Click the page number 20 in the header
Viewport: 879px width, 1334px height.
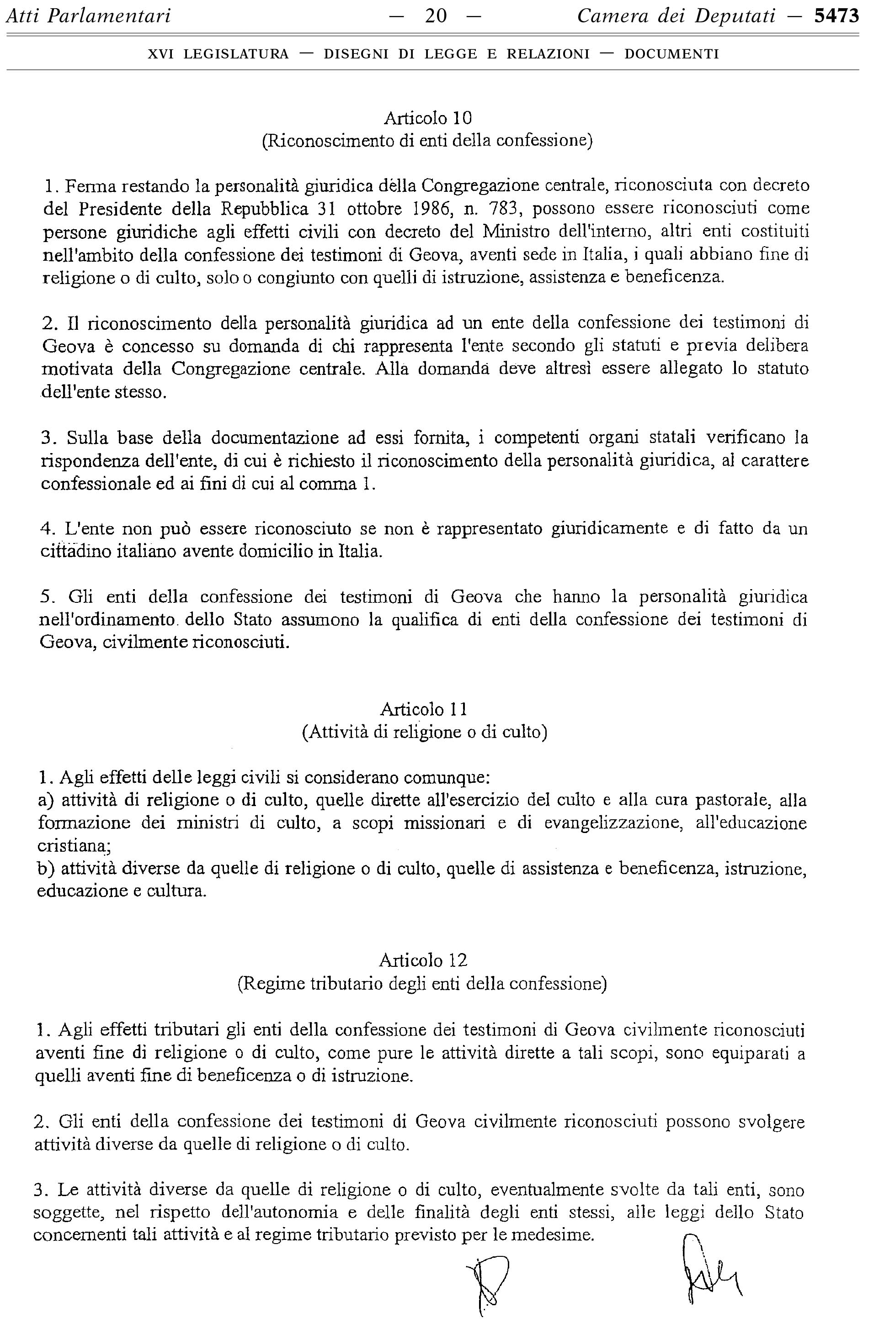[436, 16]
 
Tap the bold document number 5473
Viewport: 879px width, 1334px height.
[836, 16]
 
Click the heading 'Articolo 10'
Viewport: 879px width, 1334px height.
[427, 118]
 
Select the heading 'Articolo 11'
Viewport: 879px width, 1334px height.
[424, 709]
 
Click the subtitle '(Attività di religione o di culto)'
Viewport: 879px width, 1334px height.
[424, 732]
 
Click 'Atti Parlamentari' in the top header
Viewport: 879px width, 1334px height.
[87, 16]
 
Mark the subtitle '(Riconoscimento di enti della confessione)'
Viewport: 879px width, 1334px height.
[427, 141]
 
